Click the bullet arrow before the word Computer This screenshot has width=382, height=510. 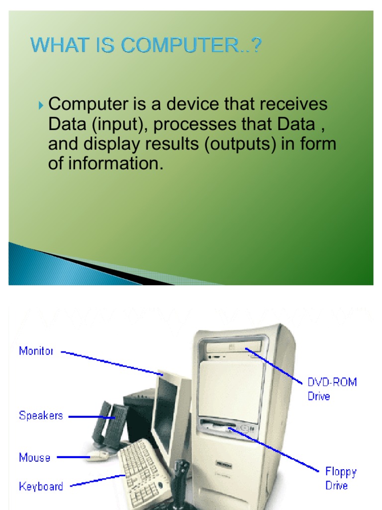click(x=41, y=106)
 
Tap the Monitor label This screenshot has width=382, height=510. click(x=36, y=351)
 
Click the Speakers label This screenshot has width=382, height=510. click(x=41, y=415)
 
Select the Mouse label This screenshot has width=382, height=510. click(x=34, y=457)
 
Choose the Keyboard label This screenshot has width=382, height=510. click(x=41, y=487)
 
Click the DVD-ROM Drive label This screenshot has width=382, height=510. click(x=332, y=389)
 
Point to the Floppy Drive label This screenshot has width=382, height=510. click(x=341, y=478)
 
